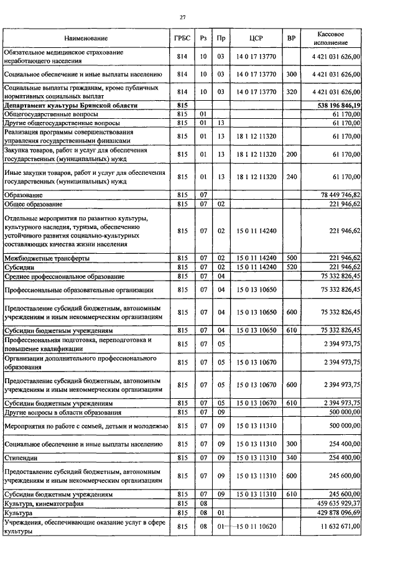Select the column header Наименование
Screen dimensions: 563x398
pos(85,38)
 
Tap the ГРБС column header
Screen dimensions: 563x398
pos(182,38)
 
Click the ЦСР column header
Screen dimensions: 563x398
pos(256,38)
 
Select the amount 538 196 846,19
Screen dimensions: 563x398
pos(338,106)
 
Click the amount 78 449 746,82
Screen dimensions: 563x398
pos(341,195)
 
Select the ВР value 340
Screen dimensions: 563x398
pos(291,457)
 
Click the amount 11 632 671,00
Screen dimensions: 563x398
pos(341,526)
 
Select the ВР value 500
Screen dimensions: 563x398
pos(291,258)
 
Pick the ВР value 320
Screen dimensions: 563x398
pos(291,91)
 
